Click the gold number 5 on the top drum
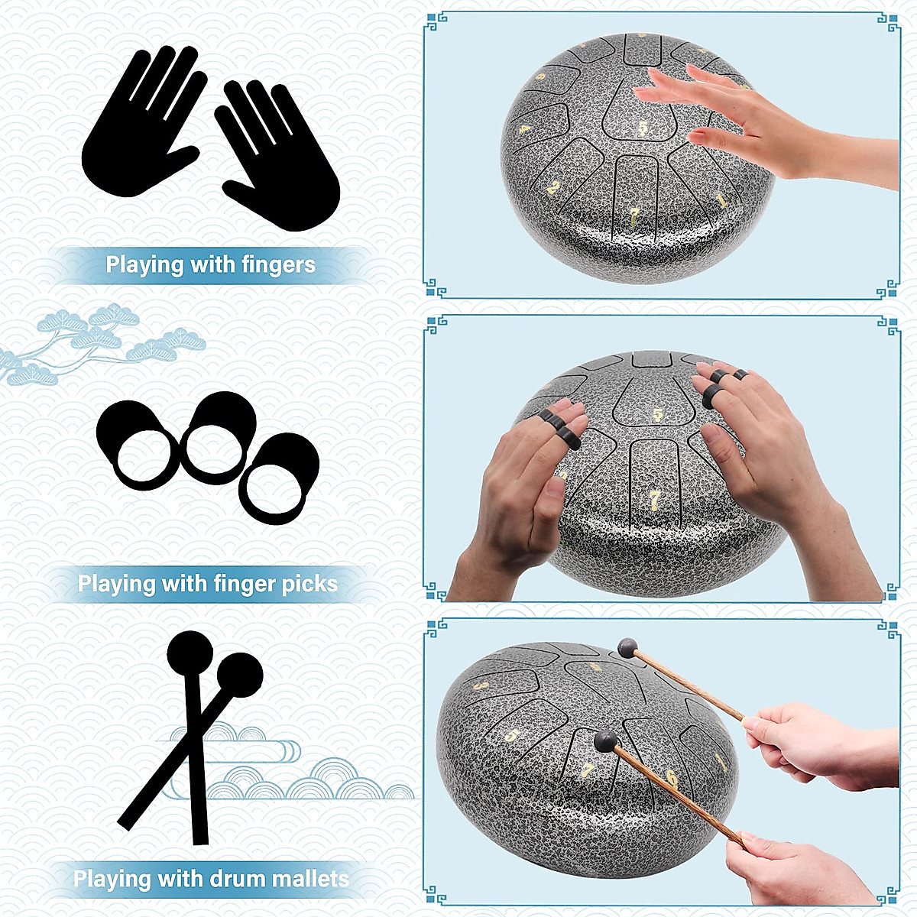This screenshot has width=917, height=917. tap(643, 128)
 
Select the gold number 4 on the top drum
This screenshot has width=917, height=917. tap(524, 129)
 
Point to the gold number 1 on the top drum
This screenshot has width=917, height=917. tap(721, 201)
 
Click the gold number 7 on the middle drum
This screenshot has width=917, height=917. tap(655, 499)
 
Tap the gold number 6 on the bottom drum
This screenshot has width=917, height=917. tap(671, 779)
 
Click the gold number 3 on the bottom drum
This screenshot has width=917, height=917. tap(480, 686)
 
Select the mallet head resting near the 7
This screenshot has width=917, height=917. tap(605, 740)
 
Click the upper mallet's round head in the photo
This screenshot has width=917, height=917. tap(627, 648)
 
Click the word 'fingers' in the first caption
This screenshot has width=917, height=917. tap(278, 265)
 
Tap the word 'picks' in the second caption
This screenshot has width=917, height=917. tap(308, 585)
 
